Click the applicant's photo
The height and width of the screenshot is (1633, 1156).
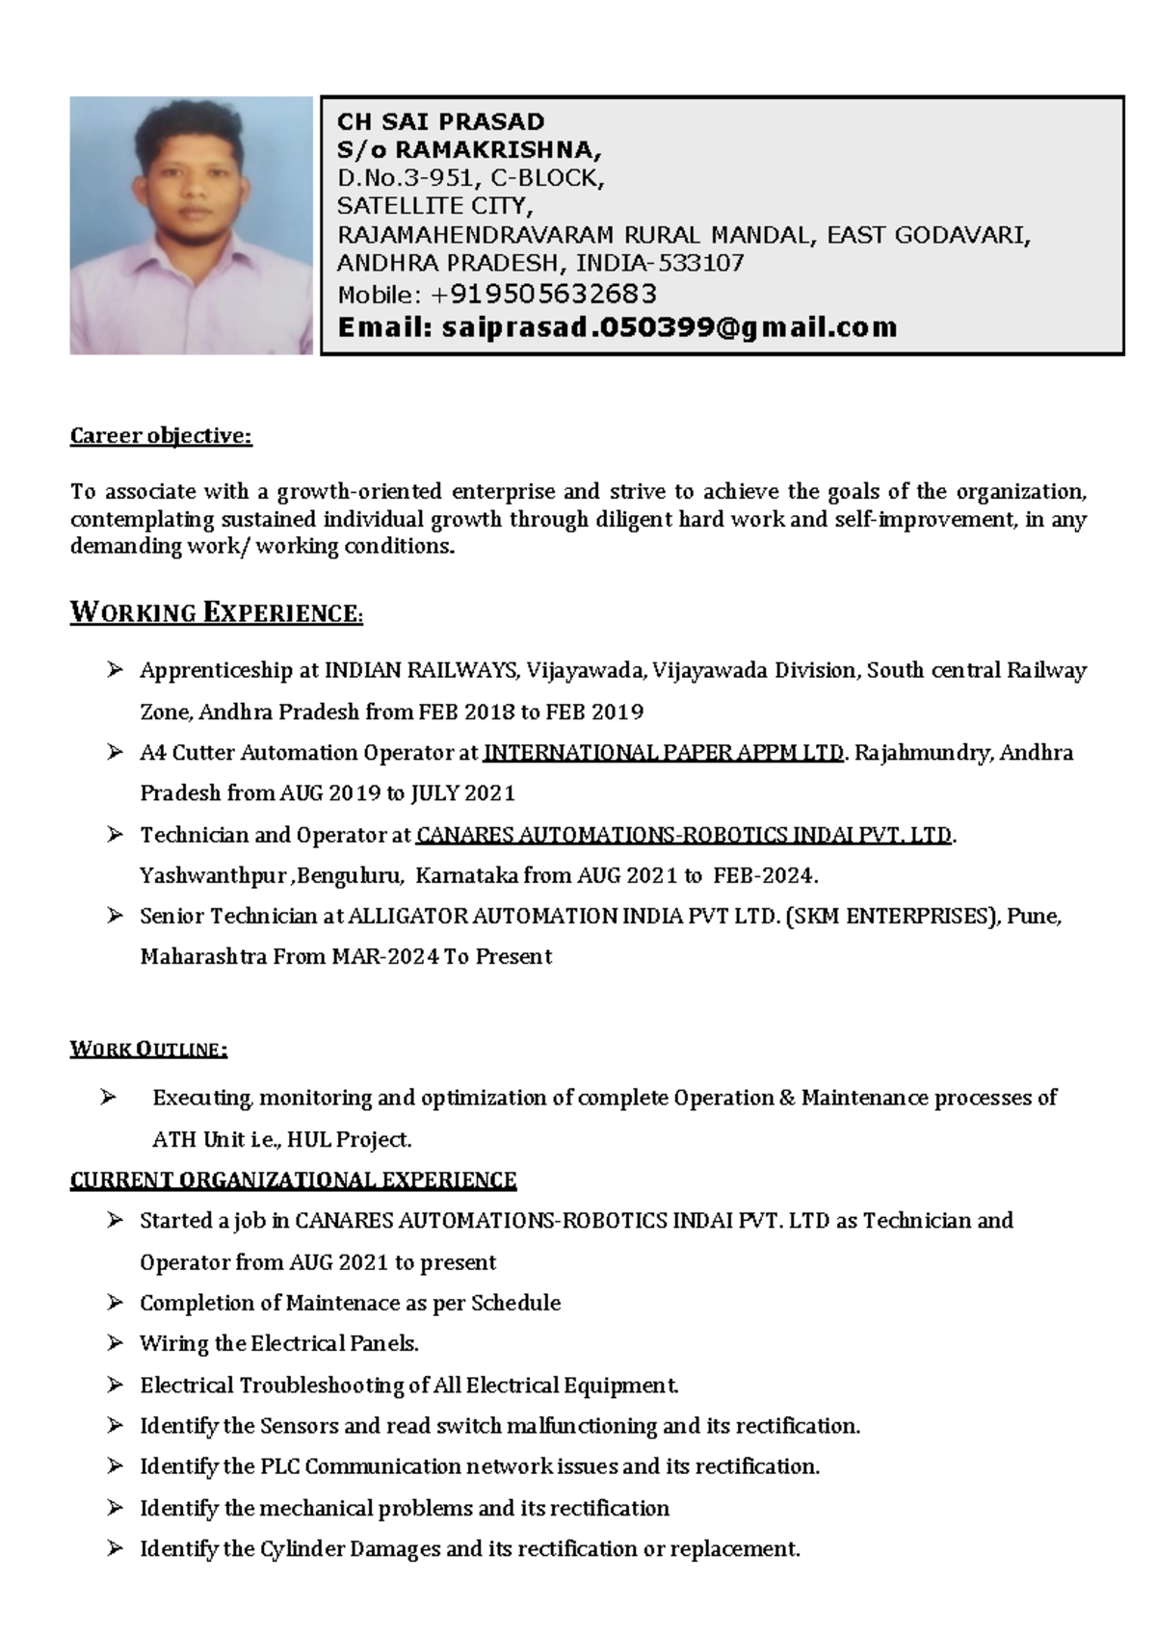click(191, 225)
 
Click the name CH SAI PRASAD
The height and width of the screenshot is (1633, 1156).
click(440, 122)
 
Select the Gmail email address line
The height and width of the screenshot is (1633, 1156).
click(617, 328)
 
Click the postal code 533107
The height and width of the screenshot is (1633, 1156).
click(701, 263)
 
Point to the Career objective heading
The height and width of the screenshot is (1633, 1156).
click(161, 436)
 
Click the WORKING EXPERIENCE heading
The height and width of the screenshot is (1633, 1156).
click(217, 613)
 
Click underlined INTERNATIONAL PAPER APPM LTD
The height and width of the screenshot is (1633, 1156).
click(663, 753)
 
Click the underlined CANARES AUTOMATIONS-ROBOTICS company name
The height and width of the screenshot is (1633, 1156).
click(684, 835)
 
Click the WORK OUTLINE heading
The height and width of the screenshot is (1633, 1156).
click(148, 1050)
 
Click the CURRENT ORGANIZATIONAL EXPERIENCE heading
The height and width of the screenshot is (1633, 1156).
click(294, 1180)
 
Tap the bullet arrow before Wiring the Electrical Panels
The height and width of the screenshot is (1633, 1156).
click(116, 1343)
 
